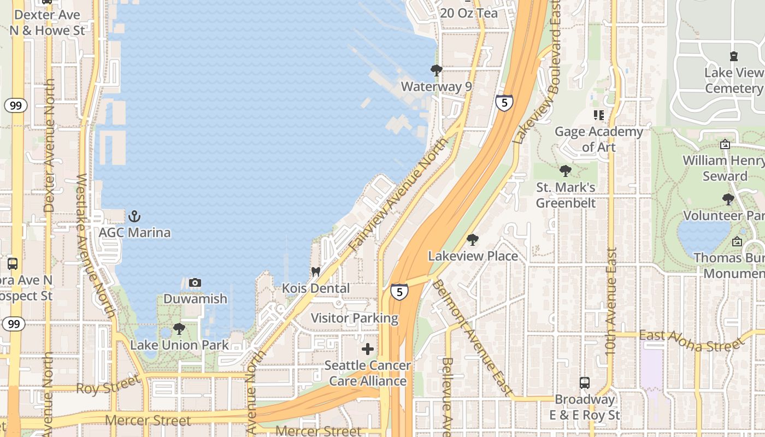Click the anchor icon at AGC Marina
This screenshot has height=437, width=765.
[134, 217]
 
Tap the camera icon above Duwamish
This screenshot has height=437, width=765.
[195, 282]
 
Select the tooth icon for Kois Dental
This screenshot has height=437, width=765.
[315, 271]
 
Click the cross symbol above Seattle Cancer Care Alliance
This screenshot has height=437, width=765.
[368, 349]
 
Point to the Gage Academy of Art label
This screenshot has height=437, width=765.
[599, 139]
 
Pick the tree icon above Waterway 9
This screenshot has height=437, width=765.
[436, 70]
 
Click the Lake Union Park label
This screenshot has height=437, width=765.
[180, 345]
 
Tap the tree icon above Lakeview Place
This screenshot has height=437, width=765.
[473, 239]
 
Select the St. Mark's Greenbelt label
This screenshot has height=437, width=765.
[566, 195]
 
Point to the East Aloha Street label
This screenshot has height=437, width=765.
[692, 340]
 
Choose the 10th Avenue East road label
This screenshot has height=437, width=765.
[611, 301]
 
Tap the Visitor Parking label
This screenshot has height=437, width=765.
[355, 318]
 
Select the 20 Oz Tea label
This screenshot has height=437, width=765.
[469, 13]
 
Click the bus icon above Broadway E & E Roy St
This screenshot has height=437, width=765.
[585, 382]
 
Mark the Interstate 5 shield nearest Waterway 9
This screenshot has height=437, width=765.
[504, 102]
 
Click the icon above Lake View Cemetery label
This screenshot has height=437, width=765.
[733, 56]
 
